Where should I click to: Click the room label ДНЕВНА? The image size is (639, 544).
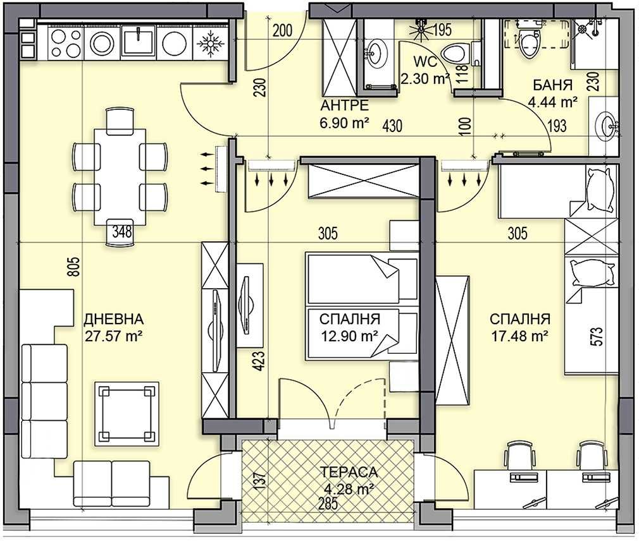(113, 318)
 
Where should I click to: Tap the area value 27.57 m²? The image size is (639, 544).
(113, 334)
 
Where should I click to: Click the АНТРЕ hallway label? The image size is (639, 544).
(344, 106)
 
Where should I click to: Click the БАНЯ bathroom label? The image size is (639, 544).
(553, 85)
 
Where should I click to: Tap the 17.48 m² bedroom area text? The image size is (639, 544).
(519, 335)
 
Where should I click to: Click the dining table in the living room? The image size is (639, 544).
(120, 176)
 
